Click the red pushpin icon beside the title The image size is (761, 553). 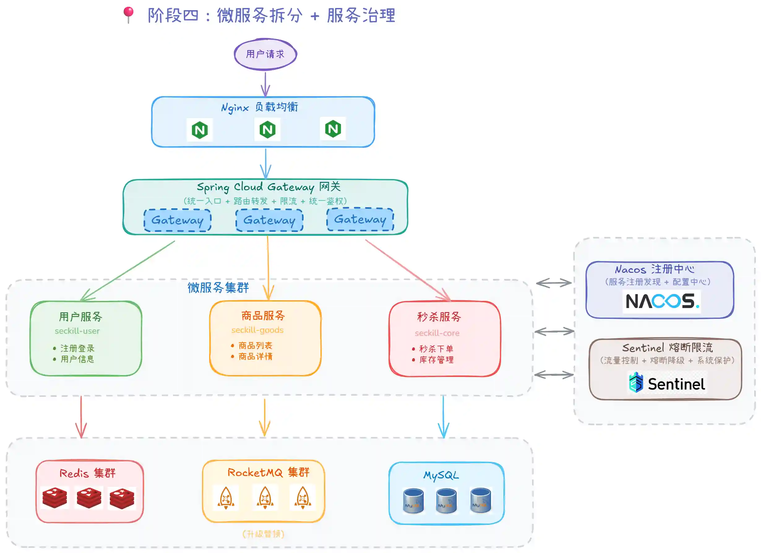click(128, 15)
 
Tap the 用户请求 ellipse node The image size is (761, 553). click(265, 54)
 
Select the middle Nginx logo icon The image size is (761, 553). click(267, 130)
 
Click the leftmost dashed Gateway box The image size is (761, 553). click(177, 220)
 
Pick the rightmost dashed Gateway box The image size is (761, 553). click(360, 219)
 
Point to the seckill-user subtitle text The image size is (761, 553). click(77, 331)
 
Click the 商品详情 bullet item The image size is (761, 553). click(255, 356)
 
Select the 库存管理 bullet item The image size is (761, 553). click(436, 360)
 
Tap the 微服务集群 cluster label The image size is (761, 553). click(218, 288)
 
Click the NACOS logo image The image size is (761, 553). click(662, 301)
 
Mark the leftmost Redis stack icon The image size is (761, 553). click(55, 498)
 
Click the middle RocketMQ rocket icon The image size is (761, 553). click(265, 498)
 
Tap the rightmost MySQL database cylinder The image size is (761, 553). click(480, 500)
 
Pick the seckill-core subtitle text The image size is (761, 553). click(437, 333)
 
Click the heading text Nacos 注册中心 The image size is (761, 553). click(655, 269)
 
